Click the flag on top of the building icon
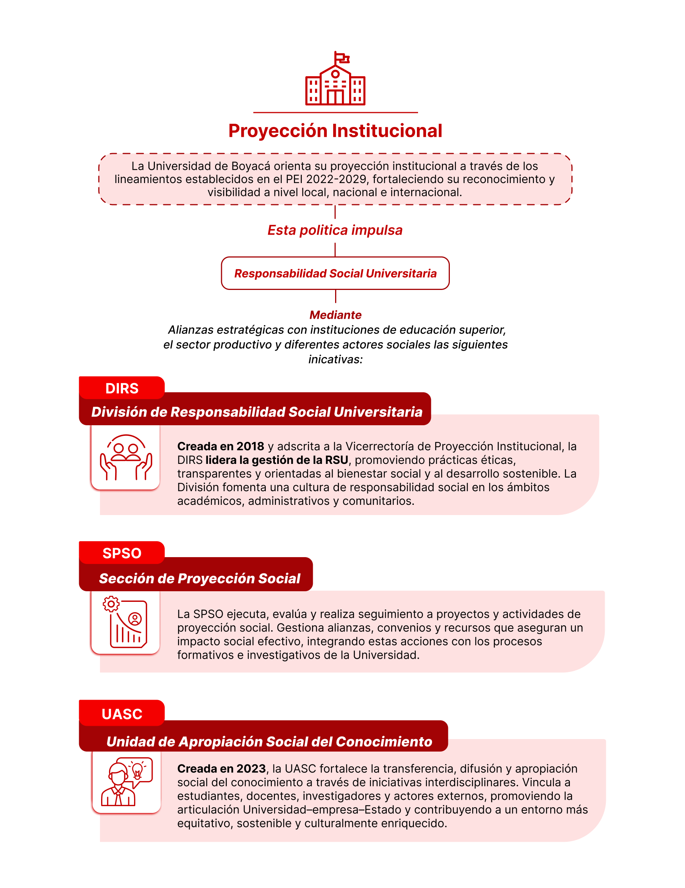pos(342,58)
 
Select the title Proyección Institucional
pos(335,131)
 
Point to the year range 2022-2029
pos(336,179)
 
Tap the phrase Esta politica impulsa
pos(335,230)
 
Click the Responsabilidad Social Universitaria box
pos(335,273)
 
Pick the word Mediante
pos(335,315)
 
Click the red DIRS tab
pos(122,388)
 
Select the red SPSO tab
pos(122,553)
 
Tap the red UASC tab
pos(122,714)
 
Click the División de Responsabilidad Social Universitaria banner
pos(257,412)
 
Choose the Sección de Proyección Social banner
pos(200,578)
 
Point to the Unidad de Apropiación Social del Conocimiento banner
pos(269,741)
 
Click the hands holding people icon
pos(126,457)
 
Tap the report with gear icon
pos(125,622)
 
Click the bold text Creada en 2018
pos(221,446)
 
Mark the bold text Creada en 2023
pos(222,769)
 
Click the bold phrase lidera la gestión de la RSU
pos(277,460)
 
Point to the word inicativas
pos(335,359)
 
